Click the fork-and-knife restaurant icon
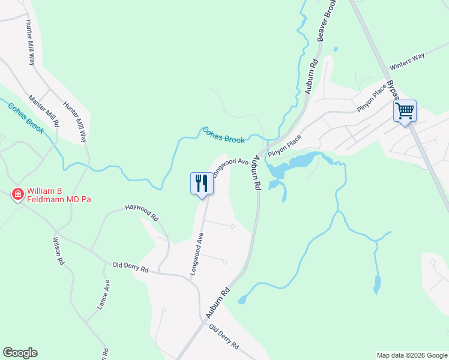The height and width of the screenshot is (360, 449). pos(202,183)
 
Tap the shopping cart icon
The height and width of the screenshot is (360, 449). pos(405,110)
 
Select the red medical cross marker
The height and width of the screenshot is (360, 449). pos(18,194)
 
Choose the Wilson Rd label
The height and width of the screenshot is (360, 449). pos(59,255)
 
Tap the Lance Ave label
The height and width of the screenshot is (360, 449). pos(103,295)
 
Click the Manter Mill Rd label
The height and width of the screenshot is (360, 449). pos(45,110)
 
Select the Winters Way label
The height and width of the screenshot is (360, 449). pos(407,61)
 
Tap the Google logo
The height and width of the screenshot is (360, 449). pos(20,353)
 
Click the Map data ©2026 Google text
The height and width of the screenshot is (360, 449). pos(412,355)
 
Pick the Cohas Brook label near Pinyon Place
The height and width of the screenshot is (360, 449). pos(223,135)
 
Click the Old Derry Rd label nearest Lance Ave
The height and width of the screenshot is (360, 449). pos(130,268)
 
